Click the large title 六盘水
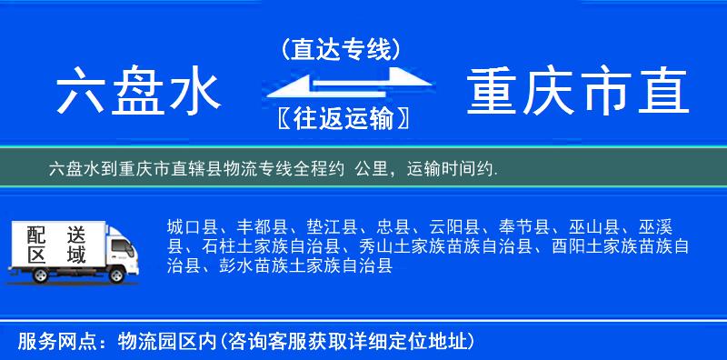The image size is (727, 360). [x=137, y=94]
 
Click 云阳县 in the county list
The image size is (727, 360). [x=457, y=227]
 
